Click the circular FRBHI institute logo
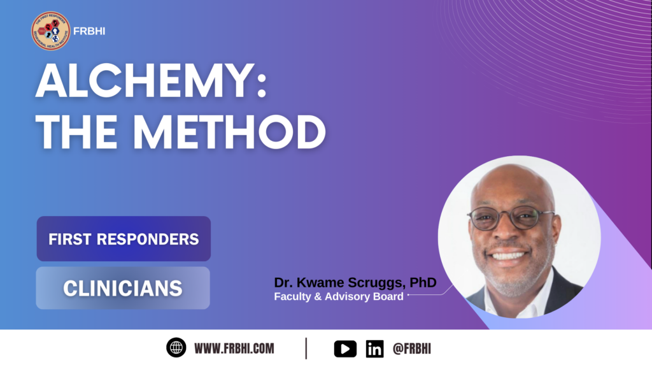[50, 31]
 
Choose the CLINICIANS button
[123, 288]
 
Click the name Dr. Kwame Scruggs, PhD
[355, 282]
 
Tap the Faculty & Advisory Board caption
[339, 296]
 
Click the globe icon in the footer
[176, 348]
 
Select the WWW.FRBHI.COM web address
[234, 349]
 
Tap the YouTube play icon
[345, 349]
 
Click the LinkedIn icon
[375, 349]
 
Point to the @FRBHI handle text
[412, 349]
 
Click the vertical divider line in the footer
[306, 349]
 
